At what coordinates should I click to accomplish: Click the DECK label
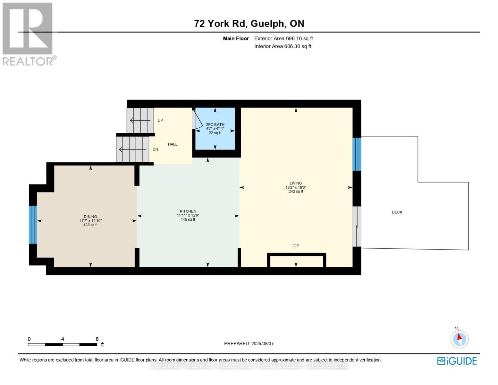397,212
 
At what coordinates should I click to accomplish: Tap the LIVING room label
296,184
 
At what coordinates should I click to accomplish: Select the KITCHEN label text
188,211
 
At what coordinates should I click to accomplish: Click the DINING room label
90,217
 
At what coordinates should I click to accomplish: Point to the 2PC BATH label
215,124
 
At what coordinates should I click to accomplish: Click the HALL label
173,144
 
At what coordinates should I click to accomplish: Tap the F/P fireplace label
296,246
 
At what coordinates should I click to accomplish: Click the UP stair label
160,120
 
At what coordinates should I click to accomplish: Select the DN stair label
155,150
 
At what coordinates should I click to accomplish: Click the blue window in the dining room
33,225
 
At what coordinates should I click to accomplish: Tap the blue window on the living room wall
357,154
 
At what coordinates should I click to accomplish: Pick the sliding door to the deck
357,227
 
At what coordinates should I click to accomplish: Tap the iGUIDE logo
457,361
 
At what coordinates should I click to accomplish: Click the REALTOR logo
28,34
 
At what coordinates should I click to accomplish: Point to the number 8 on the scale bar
97,339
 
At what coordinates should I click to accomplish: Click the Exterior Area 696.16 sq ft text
283,38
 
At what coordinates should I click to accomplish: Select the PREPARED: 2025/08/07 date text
249,344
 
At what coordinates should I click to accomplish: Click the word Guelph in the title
267,23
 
